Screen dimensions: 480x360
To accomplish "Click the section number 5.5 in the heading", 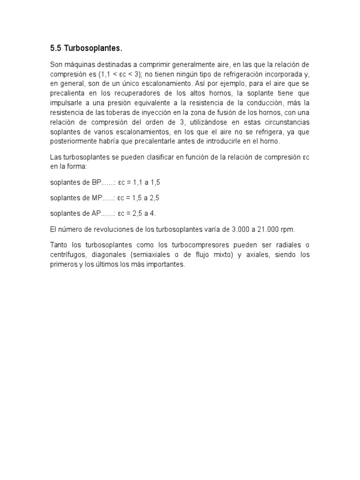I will (x=55, y=48).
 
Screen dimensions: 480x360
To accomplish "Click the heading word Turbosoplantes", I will (x=96, y=48).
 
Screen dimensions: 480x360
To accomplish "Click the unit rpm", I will (x=288, y=229).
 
